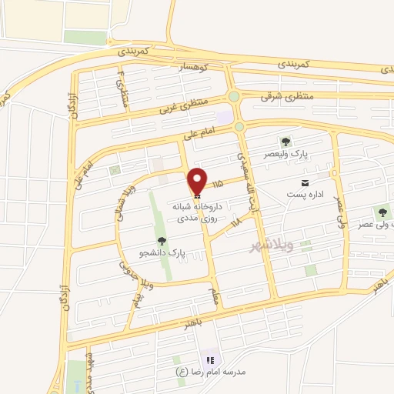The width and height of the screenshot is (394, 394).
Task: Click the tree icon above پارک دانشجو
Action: [x=161, y=242]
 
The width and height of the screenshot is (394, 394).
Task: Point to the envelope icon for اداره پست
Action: [x=306, y=182]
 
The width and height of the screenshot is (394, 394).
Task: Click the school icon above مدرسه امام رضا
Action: [x=209, y=360]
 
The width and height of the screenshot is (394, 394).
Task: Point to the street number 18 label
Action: [x=235, y=222]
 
